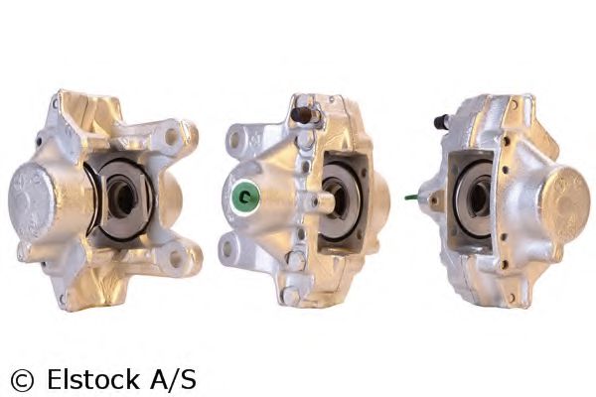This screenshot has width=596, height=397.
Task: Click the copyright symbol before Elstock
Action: pyautogui.click(x=22, y=380)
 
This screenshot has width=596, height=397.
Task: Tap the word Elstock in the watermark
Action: pyautogui.click(x=92, y=379)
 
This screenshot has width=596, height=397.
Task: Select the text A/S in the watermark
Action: pyautogui.click(x=173, y=379)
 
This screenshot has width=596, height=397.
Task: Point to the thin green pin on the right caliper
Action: pyautogui.click(x=412, y=198)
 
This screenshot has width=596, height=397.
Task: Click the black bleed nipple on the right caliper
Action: pyautogui.click(x=441, y=121)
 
